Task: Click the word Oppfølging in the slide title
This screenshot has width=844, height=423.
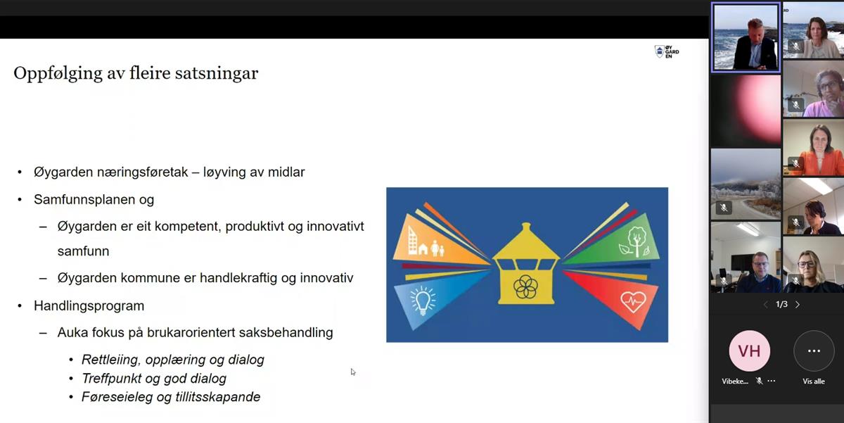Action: point(58,74)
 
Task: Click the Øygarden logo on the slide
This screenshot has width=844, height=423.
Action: point(667,51)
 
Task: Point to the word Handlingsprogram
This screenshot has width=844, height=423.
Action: point(89,305)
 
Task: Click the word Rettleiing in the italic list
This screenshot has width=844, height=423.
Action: point(111,360)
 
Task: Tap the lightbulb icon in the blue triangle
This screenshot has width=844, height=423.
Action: point(423,301)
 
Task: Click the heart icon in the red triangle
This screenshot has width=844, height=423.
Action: point(633,302)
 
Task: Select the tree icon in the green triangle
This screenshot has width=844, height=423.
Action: point(637,241)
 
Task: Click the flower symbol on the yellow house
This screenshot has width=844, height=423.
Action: point(525,287)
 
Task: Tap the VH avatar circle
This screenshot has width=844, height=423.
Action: point(749,351)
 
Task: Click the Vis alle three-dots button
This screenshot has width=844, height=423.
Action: point(814,351)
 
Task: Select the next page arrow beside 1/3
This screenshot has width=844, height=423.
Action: point(798,305)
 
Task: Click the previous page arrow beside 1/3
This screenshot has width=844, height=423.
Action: point(766,305)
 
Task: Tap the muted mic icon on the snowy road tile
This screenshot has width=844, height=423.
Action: point(724,208)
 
